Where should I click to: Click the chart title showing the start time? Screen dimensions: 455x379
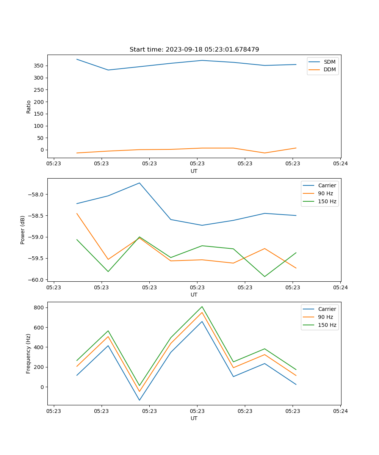coord(194,50)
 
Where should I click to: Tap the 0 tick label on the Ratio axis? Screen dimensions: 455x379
coord(42,150)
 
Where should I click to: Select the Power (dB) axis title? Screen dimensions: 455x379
coord(23,230)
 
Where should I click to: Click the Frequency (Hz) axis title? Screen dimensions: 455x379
coord(28,353)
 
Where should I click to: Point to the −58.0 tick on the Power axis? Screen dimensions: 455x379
coord(36,195)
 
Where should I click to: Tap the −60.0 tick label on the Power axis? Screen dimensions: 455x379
coord(36,280)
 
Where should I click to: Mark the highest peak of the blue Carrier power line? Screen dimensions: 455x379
coord(139,183)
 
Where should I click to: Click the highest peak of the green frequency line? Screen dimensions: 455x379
coord(202,306)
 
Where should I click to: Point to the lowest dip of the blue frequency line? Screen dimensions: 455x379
coord(139,400)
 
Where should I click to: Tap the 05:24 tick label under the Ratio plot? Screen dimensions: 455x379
coord(340,164)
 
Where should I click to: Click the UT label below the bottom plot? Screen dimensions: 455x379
coord(194,418)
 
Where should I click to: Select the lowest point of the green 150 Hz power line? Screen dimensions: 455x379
coord(265,276)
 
